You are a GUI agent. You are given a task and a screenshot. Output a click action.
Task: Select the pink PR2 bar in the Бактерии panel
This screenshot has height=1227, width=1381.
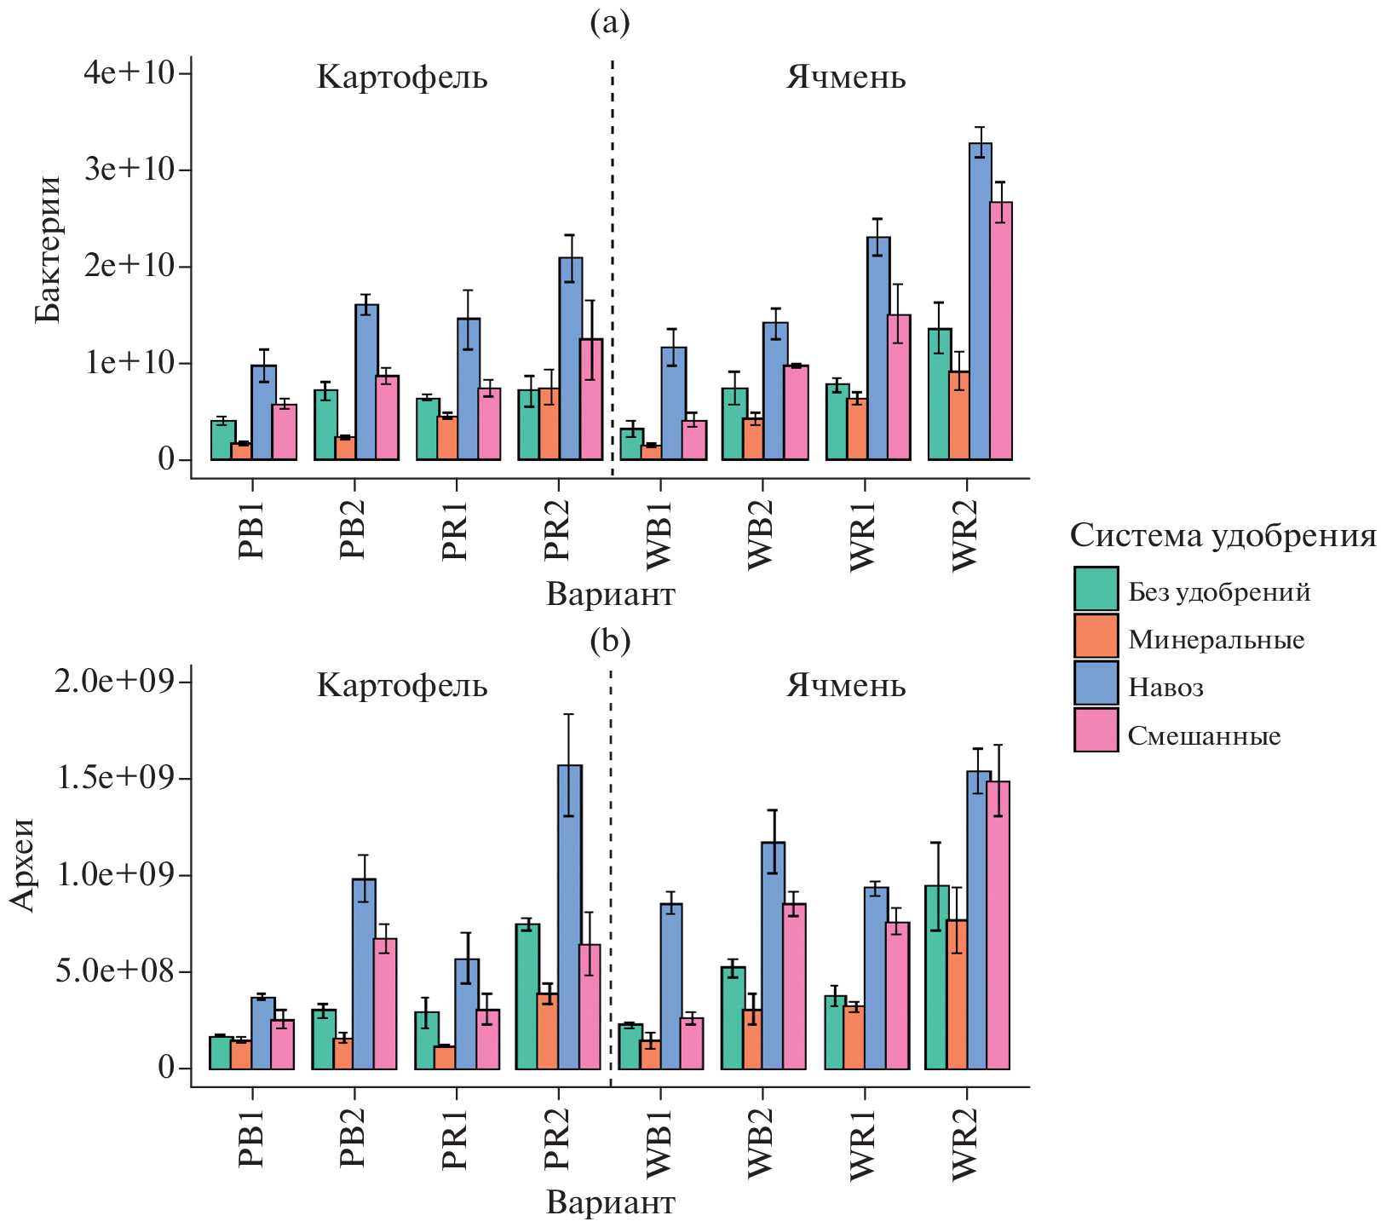591,400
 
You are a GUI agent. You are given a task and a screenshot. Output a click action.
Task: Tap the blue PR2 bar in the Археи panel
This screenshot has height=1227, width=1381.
569,917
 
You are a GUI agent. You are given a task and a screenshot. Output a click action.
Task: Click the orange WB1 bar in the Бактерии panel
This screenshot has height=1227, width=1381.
651,452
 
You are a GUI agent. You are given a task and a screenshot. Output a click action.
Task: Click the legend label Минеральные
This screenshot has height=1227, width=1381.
1216,639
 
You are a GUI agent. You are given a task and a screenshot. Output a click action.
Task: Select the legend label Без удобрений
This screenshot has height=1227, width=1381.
1219,591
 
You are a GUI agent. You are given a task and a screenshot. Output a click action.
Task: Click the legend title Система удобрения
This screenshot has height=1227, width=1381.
1223,536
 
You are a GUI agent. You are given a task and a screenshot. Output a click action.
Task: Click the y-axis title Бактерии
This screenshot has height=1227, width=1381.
49,250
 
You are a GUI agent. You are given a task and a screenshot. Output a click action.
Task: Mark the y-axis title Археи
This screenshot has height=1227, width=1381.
23,865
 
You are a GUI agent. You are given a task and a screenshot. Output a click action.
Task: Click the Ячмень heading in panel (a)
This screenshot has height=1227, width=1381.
845,78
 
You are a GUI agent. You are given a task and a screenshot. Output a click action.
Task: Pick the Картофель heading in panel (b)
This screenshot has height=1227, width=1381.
402,686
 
